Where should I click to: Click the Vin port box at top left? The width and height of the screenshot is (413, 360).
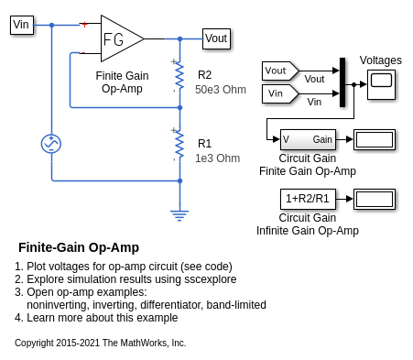(x=22, y=25)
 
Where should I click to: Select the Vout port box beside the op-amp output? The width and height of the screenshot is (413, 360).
(x=216, y=38)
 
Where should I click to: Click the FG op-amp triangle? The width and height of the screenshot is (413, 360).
(x=123, y=38)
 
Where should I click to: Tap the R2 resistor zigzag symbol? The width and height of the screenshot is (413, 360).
(x=179, y=76)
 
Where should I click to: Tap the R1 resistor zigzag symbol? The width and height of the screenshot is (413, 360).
(x=179, y=145)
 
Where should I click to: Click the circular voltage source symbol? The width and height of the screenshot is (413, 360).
(x=51, y=144)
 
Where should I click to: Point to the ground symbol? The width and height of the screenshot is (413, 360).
(x=179, y=215)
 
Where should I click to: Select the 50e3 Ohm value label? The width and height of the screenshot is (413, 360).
(x=221, y=90)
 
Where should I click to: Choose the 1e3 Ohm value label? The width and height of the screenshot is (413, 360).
(x=217, y=158)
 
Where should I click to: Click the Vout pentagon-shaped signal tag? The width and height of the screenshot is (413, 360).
(x=280, y=71)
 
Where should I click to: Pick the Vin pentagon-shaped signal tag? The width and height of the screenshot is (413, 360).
(x=280, y=93)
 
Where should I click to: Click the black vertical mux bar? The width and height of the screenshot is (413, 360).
(x=342, y=82)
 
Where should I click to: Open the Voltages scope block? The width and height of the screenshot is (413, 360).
(x=381, y=84)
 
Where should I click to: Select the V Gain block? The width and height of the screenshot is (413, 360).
(x=308, y=139)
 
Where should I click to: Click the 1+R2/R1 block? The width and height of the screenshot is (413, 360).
(x=308, y=199)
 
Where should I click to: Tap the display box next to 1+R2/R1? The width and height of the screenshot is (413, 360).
(x=375, y=199)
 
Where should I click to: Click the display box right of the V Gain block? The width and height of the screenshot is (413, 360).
(x=375, y=139)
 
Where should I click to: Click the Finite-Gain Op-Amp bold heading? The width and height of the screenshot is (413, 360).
(x=79, y=247)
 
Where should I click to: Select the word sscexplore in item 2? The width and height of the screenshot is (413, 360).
(x=211, y=279)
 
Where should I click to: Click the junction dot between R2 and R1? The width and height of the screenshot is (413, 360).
(x=179, y=107)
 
